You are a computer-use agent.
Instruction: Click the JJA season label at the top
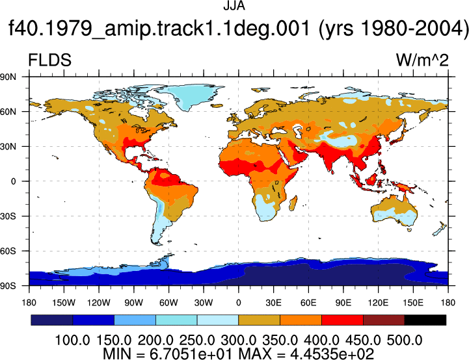(x=234, y=6)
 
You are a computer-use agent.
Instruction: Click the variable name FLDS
(x=49, y=60)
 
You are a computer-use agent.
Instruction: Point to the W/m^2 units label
(x=422, y=60)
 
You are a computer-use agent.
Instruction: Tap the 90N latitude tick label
(x=8, y=77)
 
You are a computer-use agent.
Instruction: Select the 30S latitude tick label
(x=8, y=216)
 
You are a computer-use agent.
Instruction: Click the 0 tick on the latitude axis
(x=13, y=181)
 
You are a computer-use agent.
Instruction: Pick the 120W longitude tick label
(x=99, y=303)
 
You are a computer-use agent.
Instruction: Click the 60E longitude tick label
(x=308, y=303)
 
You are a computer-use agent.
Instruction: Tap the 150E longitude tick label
(x=413, y=303)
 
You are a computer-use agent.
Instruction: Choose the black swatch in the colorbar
(x=425, y=320)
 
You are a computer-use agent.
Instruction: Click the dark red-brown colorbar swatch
(x=384, y=320)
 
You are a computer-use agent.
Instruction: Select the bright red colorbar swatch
(x=342, y=320)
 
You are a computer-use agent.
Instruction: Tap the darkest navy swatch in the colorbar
(x=52, y=320)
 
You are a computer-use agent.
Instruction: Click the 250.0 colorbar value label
(x=197, y=340)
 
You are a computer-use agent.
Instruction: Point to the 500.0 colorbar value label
(x=405, y=340)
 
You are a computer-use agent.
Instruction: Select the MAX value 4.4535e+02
(x=332, y=354)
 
